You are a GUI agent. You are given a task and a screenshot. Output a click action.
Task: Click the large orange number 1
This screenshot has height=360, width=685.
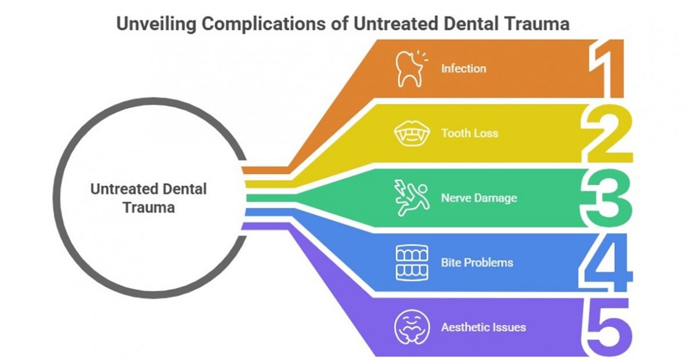607,68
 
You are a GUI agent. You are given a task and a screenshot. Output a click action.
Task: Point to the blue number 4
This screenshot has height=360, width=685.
606,262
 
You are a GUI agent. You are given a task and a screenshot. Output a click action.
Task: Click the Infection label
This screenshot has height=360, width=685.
463,69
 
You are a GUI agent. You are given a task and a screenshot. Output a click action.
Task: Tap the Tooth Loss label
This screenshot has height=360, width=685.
469,134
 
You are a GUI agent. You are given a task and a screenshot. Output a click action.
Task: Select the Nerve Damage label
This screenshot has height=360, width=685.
479,198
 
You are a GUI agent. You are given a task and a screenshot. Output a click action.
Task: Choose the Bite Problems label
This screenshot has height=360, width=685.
477,262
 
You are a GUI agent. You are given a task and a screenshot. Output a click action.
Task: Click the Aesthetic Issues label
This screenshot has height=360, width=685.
483,327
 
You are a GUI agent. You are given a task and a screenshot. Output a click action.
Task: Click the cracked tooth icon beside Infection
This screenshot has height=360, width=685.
409,69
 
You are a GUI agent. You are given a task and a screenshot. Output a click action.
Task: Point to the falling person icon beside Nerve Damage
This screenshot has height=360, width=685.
410,199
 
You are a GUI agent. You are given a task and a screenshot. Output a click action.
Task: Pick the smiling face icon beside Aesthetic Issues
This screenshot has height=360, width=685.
410,327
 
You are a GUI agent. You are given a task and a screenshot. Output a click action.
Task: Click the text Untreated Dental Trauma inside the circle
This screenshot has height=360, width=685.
149,197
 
